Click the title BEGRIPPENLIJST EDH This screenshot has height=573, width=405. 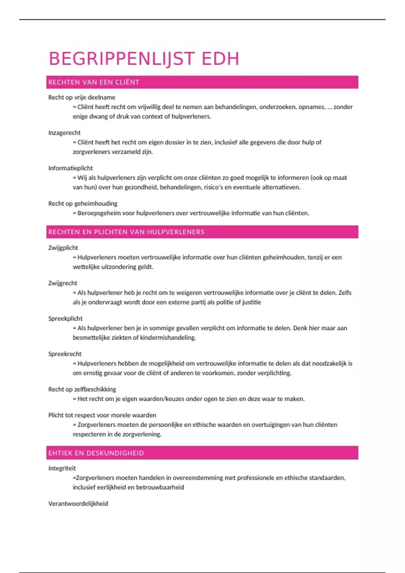pos(144,59)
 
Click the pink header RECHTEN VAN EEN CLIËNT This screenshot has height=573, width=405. pos(94,82)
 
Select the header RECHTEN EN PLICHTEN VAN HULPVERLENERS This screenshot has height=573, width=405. pos(126,232)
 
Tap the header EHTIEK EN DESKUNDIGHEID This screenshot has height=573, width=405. pos(96,453)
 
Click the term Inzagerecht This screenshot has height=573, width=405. pos(64,133)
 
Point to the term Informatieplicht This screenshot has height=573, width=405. pos(71,168)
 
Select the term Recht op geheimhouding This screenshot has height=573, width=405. pos(83,204)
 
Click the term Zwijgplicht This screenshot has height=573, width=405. pos(63,248)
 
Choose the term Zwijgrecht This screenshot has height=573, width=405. pos(63,283)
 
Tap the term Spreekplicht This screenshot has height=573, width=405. pos(65,319)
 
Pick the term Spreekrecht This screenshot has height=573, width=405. pos(65,354)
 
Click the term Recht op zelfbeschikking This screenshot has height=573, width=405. pos(82,389)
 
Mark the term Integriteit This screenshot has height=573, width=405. pos(62,468)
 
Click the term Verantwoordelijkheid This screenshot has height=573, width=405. pos(78,504)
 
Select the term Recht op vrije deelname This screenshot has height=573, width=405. pos(82,97)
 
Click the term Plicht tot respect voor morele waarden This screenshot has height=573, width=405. pos(102,415)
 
